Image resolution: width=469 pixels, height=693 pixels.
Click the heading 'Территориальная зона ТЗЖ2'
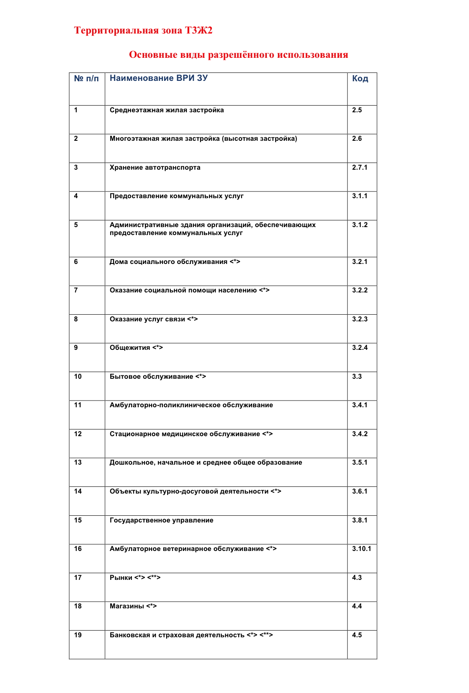[x=143, y=31]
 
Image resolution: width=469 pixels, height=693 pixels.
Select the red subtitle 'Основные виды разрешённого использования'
[x=238, y=55]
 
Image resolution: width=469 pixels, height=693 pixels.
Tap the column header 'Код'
[x=360, y=79]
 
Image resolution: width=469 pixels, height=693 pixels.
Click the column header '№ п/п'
[x=86, y=79]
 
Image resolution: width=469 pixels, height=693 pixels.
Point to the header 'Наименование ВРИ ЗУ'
[x=158, y=78]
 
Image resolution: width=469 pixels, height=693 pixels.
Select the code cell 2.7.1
[x=359, y=168]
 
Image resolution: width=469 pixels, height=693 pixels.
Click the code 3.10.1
[x=361, y=549]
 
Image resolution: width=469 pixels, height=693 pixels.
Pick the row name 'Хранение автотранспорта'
[x=155, y=168]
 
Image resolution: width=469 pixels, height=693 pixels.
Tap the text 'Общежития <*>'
[x=136, y=348]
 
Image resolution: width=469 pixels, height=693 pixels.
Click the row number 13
[x=78, y=463]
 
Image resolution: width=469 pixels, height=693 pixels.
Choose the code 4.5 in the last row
[x=357, y=635]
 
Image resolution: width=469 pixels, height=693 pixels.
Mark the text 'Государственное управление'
[x=161, y=520]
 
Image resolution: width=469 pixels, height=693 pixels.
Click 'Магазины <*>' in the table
[x=133, y=606]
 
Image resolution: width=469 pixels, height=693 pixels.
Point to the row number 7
[x=76, y=290]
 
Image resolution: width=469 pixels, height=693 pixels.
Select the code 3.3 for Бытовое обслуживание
[x=357, y=377]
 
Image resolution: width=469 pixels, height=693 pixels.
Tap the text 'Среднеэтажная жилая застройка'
[x=167, y=110]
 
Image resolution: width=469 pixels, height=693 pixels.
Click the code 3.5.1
[x=359, y=463]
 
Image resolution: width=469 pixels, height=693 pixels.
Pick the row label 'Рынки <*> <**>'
[x=135, y=578]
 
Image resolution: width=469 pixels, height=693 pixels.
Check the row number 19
[x=78, y=635]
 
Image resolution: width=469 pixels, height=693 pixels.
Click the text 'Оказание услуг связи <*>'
[x=154, y=319]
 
